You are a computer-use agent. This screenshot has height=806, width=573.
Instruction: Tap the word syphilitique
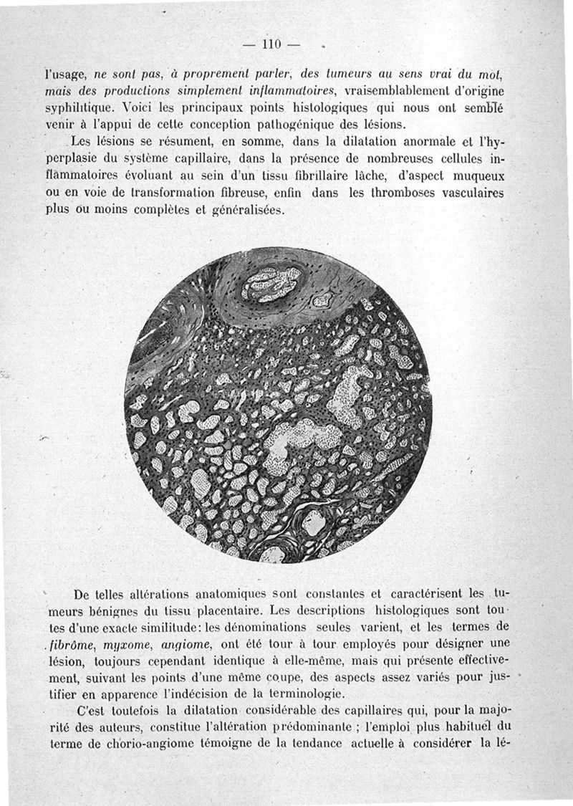coord(75,108)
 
